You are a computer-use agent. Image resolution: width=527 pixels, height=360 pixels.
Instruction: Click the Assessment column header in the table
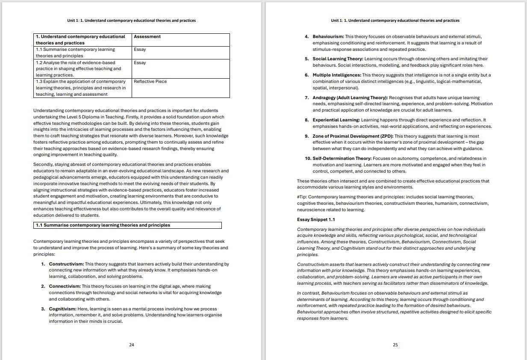pyautogui.click(x=147, y=37)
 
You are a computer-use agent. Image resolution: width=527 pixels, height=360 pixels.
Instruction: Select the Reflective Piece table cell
pyautogui.click(x=150, y=82)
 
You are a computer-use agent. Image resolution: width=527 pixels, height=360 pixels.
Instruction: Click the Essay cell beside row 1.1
pyautogui.click(x=140, y=50)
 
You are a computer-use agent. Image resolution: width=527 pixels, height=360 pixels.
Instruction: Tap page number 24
pyautogui.click(x=132, y=345)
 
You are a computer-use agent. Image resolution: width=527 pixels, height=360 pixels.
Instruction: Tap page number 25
pyautogui.click(x=395, y=345)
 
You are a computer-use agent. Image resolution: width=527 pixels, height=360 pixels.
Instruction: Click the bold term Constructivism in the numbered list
pyautogui.click(x=66, y=264)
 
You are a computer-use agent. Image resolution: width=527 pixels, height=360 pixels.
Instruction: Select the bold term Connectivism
pyautogui.click(x=65, y=286)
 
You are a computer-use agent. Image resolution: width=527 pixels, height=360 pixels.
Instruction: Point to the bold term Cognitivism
pyautogui.click(x=62, y=309)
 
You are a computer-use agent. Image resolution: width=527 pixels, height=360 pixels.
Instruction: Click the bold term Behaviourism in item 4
pyautogui.click(x=328, y=37)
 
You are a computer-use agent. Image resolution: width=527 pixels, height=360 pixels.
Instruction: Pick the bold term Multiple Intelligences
pyautogui.click(x=337, y=75)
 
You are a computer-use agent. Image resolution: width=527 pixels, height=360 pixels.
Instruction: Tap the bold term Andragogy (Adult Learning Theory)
pyautogui.click(x=350, y=98)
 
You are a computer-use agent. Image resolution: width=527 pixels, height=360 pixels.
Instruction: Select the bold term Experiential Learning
pyautogui.click(x=336, y=120)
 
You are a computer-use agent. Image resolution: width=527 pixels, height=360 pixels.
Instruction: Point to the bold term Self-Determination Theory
pyautogui.click(x=342, y=159)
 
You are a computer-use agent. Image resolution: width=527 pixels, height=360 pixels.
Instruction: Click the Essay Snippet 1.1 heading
pyautogui.click(x=316, y=220)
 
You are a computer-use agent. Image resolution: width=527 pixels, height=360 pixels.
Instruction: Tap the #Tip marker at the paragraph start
pyautogui.click(x=301, y=197)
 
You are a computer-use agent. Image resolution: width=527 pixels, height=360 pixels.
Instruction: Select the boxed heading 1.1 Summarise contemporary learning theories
pyautogui.click(x=103, y=225)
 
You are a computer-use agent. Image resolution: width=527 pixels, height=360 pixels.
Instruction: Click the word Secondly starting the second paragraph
pyautogui.click(x=43, y=165)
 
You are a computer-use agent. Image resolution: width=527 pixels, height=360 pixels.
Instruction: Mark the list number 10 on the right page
pyautogui.click(x=307, y=159)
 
